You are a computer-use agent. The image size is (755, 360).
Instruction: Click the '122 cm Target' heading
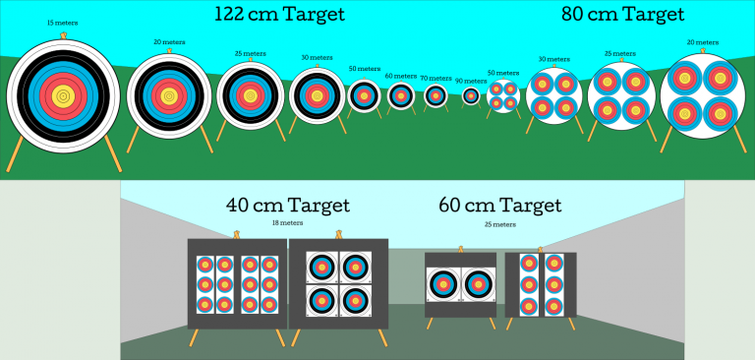pyautogui.click(x=280, y=14)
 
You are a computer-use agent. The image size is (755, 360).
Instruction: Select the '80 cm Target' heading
pyautogui.click(x=622, y=14)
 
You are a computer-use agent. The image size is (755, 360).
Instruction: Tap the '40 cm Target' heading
pyautogui.click(x=287, y=206)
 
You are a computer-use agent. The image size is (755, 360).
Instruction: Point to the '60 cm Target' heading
pyautogui.click(x=499, y=206)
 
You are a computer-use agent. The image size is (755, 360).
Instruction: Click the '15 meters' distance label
pyautogui.click(x=62, y=22)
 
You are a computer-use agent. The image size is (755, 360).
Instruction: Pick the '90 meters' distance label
pyautogui.click(x=471, y=81)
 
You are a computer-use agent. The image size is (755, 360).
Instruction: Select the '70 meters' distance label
pyautogui.click(x=436, y=78)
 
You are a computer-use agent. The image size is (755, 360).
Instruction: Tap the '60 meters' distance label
pyautogui.click(x=400, y=75)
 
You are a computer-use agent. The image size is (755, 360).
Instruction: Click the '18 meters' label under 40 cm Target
pyautogui.click(x=286, y=223)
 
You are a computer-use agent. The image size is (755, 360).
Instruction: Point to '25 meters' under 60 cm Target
pyautogui.click(x=499, y=224)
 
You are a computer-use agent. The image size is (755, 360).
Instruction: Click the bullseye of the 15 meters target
pyautogui.click(x=63, y=95)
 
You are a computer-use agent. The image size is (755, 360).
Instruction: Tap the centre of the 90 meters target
pyautogui.click(x=471, y=95)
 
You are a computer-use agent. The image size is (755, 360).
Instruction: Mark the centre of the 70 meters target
pyautogui.click(x=436, y=95)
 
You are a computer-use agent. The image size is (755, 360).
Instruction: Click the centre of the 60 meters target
pyautogui.click(x=400, y=95)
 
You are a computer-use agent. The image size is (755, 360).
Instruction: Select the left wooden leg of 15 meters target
pyautogui.click(x=17, y=152)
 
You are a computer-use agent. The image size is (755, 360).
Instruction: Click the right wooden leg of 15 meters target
pyautogui.click(x=112, y=152)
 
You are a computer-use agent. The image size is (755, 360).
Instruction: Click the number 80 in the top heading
pyautogui.click(x=572, y=14)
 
